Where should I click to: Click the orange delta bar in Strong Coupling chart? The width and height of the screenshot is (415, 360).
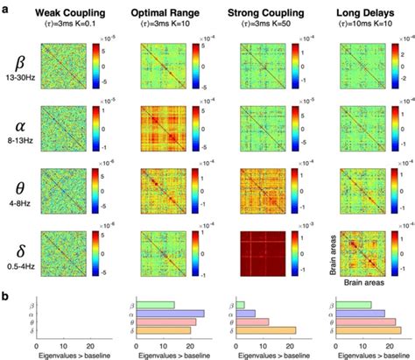[x=266, y=330]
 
